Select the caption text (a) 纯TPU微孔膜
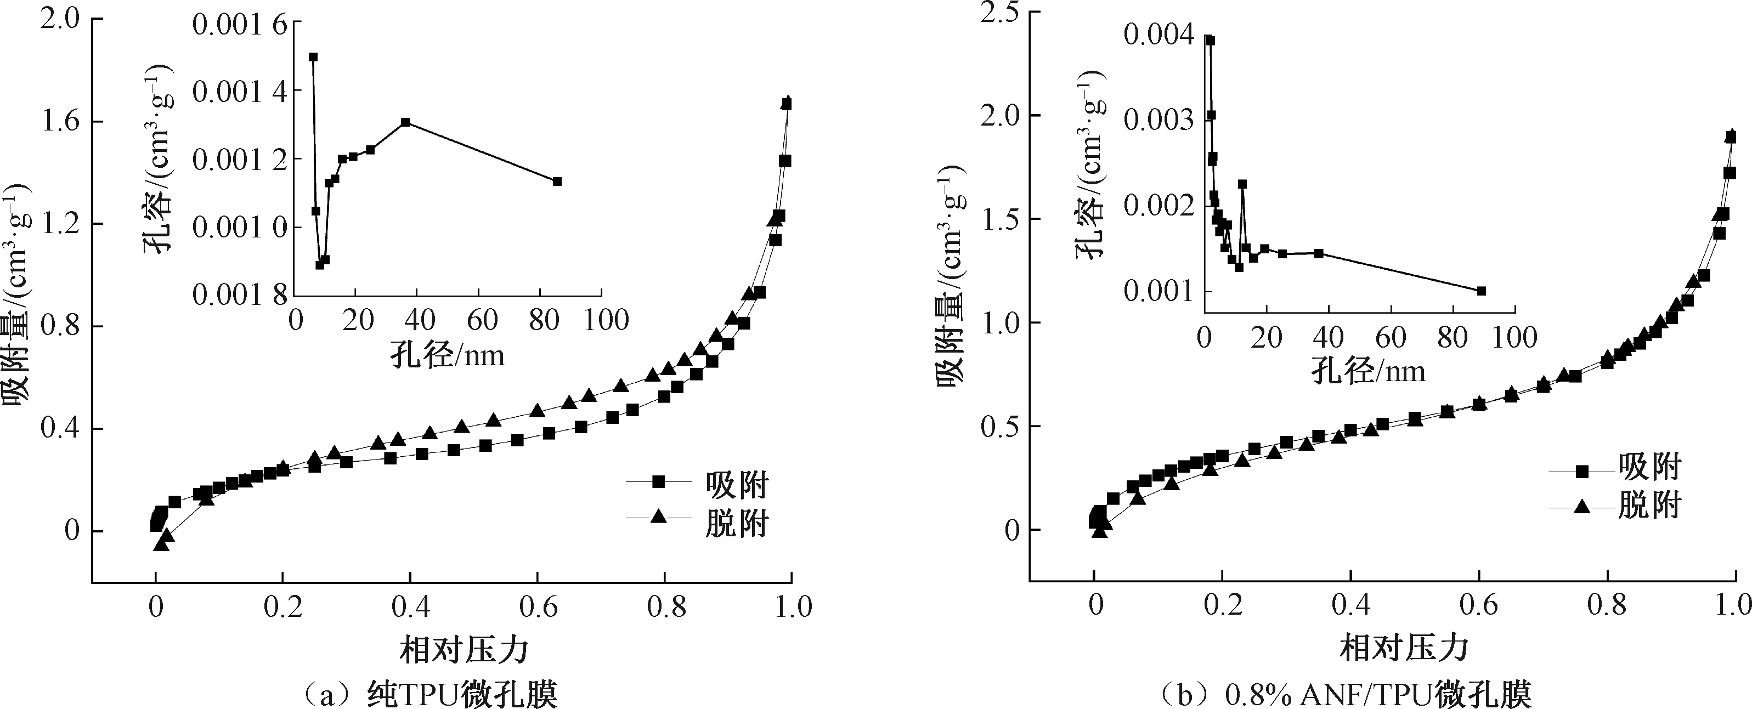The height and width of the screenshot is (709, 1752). pos(430,694)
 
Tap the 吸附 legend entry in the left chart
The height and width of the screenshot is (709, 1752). pos(737,484)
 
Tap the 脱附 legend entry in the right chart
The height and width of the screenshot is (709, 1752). pos(1649,506)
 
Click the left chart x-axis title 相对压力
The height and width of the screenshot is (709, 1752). pos(464,649)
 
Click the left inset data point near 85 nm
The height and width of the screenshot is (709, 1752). pos(557,181)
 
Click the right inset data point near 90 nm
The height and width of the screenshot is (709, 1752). pos(1482,291)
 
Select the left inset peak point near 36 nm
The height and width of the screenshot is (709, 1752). pos(405,122)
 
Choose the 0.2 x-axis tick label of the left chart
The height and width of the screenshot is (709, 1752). pos(282,607)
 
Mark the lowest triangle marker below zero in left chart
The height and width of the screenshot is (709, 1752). pos(161,544)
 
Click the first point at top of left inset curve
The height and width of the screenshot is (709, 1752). pos(314,57)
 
